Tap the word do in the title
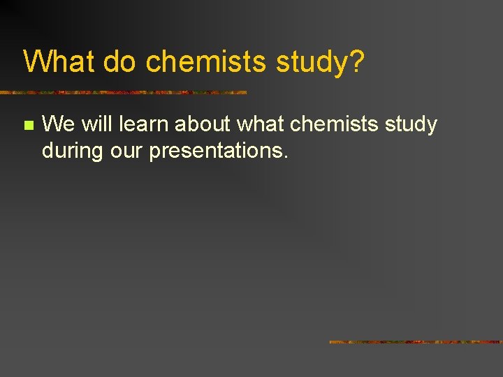click(x=122, y=61)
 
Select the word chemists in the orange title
click(x=207, y=61)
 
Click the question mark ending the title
click(x=356, y=61)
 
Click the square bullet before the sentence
click(x=28, y=126)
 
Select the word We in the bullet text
click(x=58, y=124)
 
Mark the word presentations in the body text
click(x=215, y=149)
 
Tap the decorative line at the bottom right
click(x=416, y=342)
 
